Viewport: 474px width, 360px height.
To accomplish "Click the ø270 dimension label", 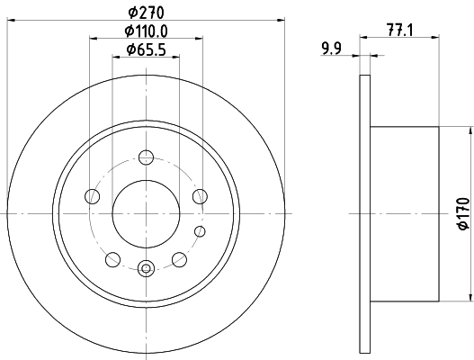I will (x=144, y=13).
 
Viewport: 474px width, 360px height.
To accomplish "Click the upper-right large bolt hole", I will (x=201, y=195).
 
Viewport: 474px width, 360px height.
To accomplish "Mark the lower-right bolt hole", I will (x=180, y=259).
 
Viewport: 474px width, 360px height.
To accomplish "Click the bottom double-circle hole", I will (x=147, y=266).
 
